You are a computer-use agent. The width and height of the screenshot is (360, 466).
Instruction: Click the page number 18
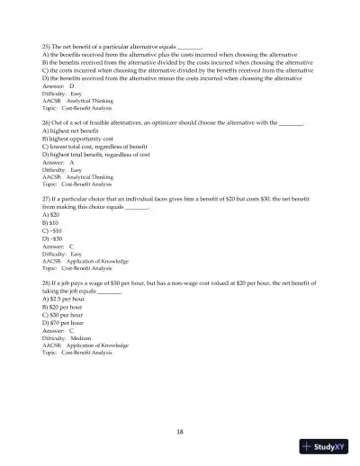(x=180, y=431)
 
